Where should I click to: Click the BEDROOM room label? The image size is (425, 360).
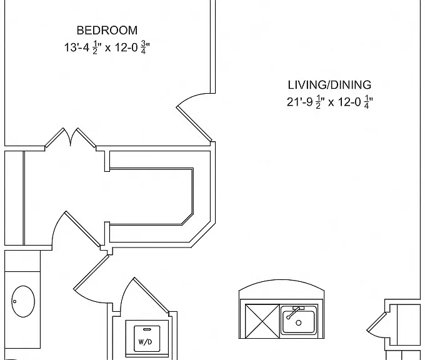point(107,30)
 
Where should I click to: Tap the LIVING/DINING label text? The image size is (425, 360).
point(329,85)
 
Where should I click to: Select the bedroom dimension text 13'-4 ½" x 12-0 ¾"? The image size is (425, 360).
point(107,47)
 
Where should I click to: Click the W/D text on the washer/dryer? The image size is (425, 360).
point(145,342)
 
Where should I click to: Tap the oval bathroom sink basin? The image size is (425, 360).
point(23,301)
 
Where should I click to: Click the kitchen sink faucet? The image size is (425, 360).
point(294,312)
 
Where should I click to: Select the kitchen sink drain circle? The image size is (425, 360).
point(299,323)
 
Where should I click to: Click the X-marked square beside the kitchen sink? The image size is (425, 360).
point(262,321)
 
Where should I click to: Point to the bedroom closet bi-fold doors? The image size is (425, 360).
point(71,137)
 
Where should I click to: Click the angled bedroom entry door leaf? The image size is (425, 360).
point(194,124)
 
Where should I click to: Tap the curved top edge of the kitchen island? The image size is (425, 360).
point(281,281)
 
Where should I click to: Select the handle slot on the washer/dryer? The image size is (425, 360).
point(147,329)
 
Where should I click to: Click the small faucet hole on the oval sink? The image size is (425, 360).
point(14,301)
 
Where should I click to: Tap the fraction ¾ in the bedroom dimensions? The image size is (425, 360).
point(144,47)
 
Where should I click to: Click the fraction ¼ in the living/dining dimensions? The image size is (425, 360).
point(366,102)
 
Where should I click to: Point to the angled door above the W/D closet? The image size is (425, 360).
point(151,294)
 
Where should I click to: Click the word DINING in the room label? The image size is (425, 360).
point(351,85)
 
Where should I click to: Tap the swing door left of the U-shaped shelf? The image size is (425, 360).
point(82,229)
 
